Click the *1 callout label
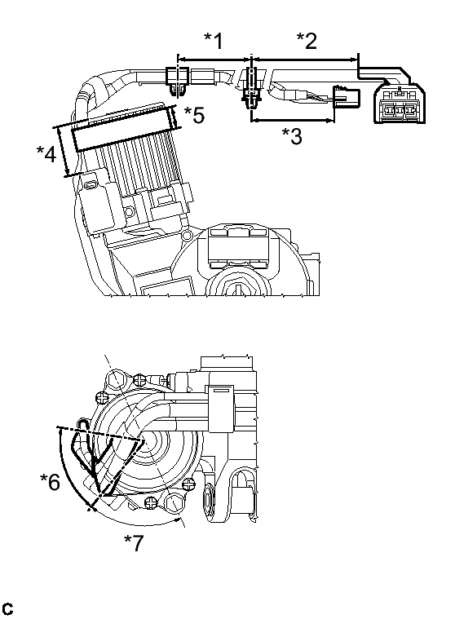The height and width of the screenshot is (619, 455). [x=213, y=41]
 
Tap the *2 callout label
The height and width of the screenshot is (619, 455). [x=307, y=41]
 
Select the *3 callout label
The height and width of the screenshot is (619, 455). [x=292, y=136]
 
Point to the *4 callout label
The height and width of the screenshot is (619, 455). [x=46, y=154]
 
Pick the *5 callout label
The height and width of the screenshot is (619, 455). [x=195, y=115]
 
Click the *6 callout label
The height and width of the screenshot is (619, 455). [x=50, y=482]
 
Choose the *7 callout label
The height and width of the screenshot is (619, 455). [x=134, y=543]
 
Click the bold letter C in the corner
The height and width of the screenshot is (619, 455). [x=7, y=608]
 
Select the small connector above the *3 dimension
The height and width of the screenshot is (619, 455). [x=346, y=97]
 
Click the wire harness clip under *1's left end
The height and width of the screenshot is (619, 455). [x=177, y=80]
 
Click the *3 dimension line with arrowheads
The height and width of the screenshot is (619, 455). [x=293, y=120]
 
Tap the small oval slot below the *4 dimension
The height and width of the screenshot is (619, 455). [x=91, y=184]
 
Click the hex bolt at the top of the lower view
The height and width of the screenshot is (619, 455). [x=117, y=380]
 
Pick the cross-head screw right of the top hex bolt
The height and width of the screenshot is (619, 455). [x=141, y=380]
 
